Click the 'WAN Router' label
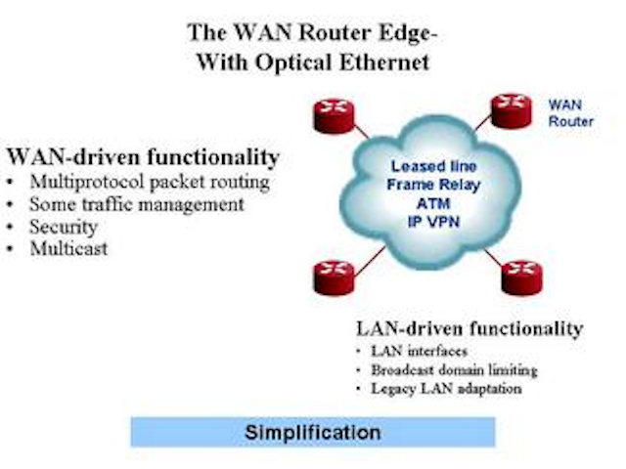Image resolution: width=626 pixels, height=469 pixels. (570, 111)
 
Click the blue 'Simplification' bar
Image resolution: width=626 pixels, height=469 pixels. (313, 432)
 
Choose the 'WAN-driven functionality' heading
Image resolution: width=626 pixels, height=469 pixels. (143, 157)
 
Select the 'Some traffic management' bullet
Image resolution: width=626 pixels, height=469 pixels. (136, 204)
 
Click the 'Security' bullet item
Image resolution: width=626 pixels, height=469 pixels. (64, 227)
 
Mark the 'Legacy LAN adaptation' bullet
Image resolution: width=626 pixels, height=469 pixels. (440, 389)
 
